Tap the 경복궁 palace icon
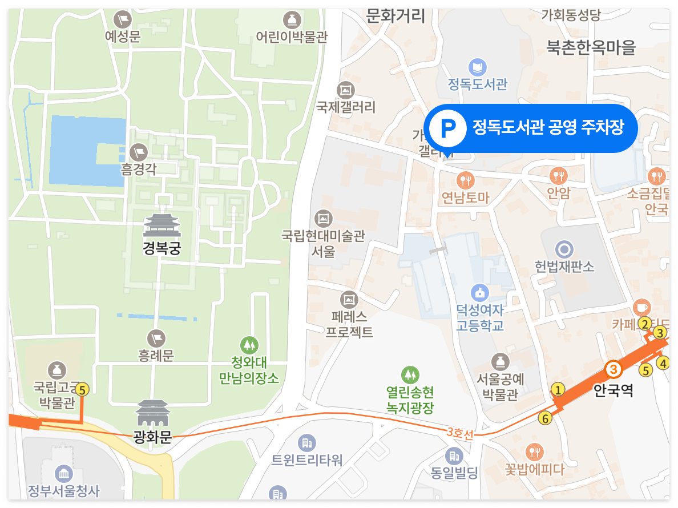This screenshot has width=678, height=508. [162, 225]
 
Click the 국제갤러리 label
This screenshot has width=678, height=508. [346, 107]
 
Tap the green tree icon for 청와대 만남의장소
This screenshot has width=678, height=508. [249, 345]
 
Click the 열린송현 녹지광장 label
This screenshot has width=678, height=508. [410, 400]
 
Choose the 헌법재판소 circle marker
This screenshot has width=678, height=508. [565, 249]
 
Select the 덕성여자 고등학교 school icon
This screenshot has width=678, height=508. [480, 293]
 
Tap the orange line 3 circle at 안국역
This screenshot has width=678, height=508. [613, 370]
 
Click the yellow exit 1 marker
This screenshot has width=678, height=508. [558, 390]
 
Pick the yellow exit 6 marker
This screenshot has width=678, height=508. [545, 418]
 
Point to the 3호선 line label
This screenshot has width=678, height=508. [460, 433]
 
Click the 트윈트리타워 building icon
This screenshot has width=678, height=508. [307, 442]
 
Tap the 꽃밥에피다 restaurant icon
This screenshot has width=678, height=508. [534, 453]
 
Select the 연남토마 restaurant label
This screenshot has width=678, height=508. [466, 197]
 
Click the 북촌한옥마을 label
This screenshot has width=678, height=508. [591, 48]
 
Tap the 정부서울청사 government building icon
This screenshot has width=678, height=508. [63, 473]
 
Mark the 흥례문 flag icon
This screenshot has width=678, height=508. [156, 338]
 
